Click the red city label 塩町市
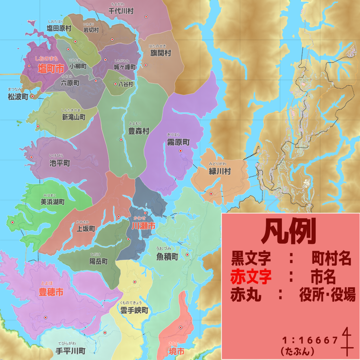(51, 69)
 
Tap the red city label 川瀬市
(143, 226)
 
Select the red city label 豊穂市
(51, 292)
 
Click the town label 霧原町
(178, 142)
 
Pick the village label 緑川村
(220, 172)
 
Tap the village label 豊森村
(139, 131)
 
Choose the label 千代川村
(121, 11)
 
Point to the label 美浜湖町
(52, 202)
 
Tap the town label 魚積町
(167, 257)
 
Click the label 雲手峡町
(134, 311)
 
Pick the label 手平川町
(71, 351)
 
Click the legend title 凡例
(289, 232)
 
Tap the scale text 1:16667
(310, 340)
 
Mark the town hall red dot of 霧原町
(181, 151)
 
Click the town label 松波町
(18, 97)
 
